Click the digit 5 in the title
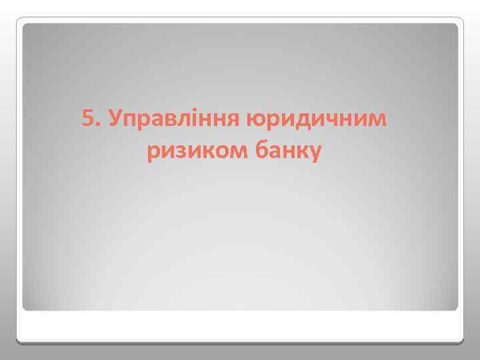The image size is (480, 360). pos(87,120)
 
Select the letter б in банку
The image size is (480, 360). pos(257,152)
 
